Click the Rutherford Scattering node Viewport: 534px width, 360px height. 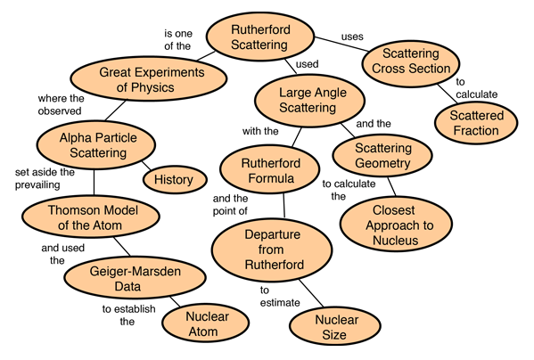click(x=260, y=37)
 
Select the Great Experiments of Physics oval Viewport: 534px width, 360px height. click(x=149, y=79)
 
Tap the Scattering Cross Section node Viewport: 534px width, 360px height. click(x=411, y=63)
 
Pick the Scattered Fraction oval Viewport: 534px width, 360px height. click(x=476, y=122)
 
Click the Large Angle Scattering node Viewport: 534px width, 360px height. click(x=309, y=101)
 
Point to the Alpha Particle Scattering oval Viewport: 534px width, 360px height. click(x=96, y=145)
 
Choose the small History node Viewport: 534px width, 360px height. click(x=175, y=179)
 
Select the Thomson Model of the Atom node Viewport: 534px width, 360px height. click(x=91, y=217)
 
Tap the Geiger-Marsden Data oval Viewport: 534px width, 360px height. click(x=135, y=278)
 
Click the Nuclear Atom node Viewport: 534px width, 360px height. click(x=206, y=323)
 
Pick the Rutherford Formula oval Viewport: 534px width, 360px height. click(x=270, y=169)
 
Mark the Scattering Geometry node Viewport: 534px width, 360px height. click(x=382, y=155)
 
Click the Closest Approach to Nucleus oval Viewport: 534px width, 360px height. click(x=396, y=225)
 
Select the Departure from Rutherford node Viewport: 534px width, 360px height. click(x=272, y=250)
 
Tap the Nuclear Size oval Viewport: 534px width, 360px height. click(x=335, y=326)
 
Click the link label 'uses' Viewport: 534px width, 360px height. click(x=352, y=37)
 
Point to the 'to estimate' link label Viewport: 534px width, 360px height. click(x=280, y=297)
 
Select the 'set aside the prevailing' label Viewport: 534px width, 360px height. click(x=45, y=178)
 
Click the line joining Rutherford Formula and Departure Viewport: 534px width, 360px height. click(x=284, y=206)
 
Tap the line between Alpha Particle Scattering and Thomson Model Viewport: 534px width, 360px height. click(x=94, y=182)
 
